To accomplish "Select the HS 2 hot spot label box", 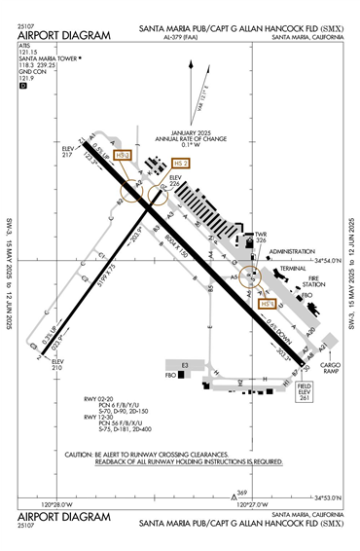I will pyautogui.click(x=181, y=164).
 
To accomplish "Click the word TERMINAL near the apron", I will pyautogui.click(x=292, y=268).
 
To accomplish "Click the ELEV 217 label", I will pyautogui.click(x=68, y=152).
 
